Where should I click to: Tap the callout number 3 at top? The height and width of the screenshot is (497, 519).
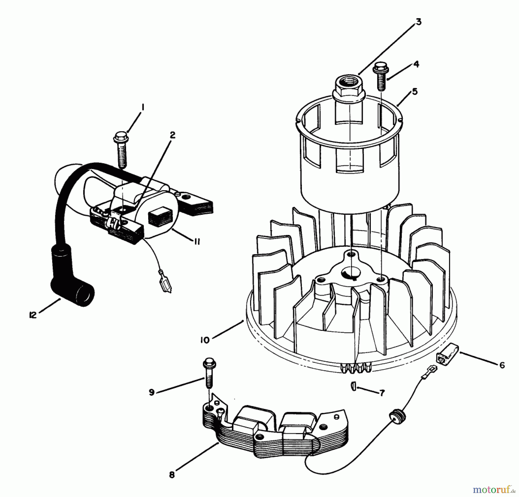(418, 22)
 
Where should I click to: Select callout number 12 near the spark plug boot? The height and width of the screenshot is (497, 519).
(33, 315)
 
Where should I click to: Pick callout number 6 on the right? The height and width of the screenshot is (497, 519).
(502, 365)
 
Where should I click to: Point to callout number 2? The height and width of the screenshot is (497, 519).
(172, 135)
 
